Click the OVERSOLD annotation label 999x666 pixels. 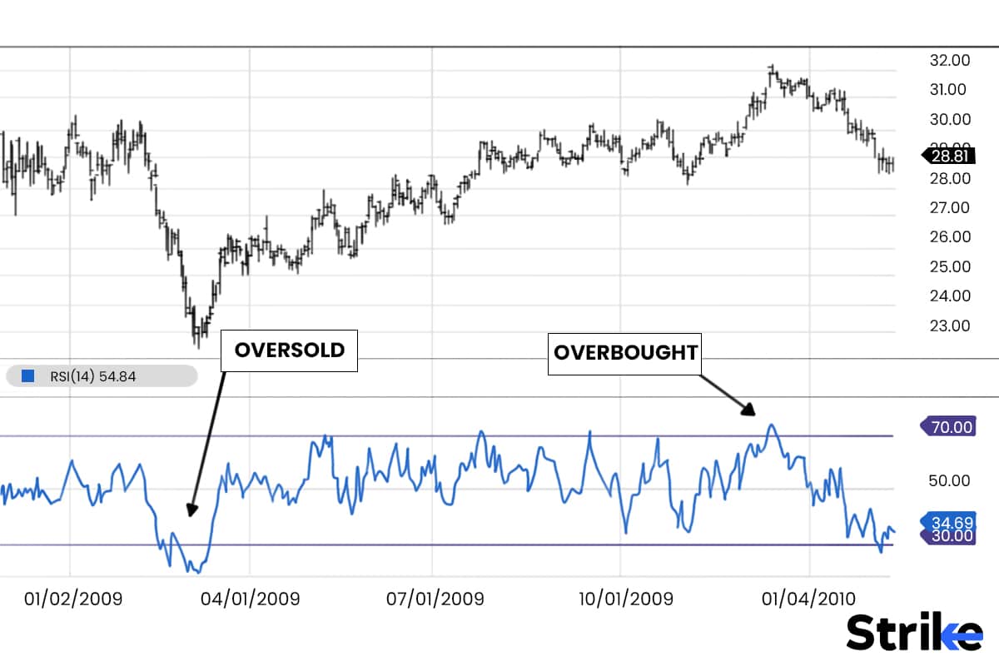pos(289,350)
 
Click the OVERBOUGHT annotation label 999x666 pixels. pos(625,352)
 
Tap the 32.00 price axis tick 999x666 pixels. pos(949,60)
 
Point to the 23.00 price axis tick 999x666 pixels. pos(949,326)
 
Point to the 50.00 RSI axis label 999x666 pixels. pos(949,480)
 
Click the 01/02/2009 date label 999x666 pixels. pos(73,599)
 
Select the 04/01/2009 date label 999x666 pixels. pos(251,599)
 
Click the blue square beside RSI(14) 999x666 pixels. pos(27,376)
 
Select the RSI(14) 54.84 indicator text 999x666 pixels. pos(91,376)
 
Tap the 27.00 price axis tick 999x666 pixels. pos(949,207)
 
